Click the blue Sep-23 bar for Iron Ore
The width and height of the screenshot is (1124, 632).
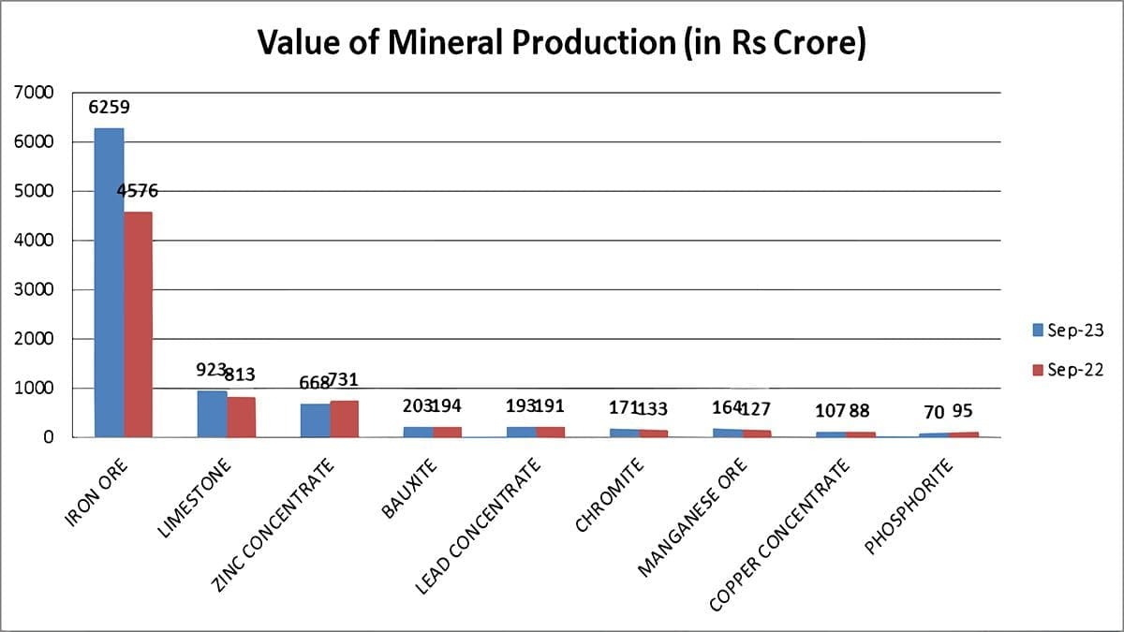tap(109, 282)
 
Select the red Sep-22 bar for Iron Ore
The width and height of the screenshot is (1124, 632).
tap(138, 324)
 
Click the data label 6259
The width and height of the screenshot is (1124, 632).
tap(109, 108)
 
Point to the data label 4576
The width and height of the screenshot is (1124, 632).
tap(138, 191)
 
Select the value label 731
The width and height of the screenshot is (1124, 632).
tap(342, 380)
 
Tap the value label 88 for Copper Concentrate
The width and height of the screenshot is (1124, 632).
tap(859, 411)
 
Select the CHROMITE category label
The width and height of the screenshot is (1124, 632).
tap(610, 496)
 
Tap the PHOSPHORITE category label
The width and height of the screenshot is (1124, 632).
tap(909, 507)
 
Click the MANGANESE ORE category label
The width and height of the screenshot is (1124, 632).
tap(693, 516)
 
